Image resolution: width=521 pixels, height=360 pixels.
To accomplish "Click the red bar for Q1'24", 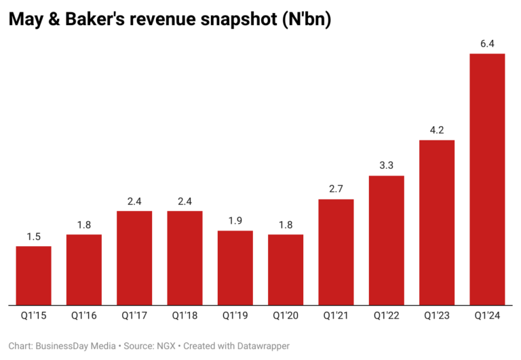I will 487,179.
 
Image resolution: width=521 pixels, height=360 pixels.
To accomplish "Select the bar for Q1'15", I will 34,275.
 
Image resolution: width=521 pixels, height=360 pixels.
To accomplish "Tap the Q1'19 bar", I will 235,268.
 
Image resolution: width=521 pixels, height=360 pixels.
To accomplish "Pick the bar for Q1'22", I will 387,240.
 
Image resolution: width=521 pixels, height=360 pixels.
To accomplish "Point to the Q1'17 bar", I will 134,258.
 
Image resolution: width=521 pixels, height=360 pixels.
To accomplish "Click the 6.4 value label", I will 487,44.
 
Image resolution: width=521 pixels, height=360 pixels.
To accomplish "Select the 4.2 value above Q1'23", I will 437,130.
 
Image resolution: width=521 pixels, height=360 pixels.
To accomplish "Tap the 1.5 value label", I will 34,237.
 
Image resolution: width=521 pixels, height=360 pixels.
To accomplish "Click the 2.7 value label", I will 336,189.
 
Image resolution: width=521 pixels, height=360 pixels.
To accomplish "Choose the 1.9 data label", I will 235,221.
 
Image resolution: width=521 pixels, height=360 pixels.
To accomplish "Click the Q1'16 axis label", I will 84,315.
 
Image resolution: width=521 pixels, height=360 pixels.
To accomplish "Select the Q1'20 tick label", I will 286,315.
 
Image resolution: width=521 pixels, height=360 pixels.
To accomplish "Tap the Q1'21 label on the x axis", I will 336,315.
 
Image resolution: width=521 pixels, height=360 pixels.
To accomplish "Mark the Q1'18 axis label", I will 185,315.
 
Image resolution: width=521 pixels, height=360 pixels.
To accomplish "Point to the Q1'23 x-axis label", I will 437,315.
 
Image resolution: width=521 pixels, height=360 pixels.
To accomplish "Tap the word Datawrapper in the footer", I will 260,346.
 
